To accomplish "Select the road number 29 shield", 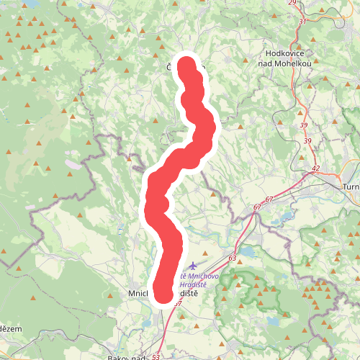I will click(x=292, y=3).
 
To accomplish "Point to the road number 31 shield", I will click(x=302, y=21).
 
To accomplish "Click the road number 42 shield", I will click(x=315, y=168).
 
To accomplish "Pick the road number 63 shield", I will click(x=232, y=257).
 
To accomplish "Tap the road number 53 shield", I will click(x=156, y=356).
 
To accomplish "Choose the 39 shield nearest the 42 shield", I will click(x=307, y=140).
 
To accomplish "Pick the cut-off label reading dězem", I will click(x=11, y=328).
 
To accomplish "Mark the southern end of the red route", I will click(x=164, y=295).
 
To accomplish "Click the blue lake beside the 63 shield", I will click(x=248, y=252).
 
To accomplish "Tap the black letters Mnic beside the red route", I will click(x=138, y=294).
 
